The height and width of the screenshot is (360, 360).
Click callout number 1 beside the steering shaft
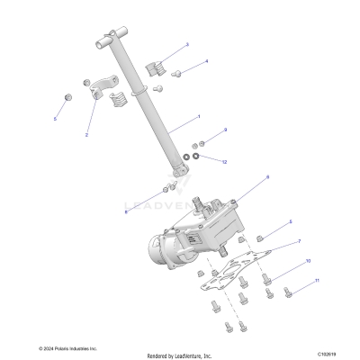(x=199, y=117)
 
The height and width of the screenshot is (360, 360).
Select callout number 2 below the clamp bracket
(x=86, y=134)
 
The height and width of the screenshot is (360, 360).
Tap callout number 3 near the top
(x=186, y=43)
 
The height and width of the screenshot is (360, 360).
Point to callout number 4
(x=206, y=61)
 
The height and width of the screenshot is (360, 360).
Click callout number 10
(x=307, y=261)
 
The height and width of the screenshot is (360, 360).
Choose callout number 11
(x=316, y=282)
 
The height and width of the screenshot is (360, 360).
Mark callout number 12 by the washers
(x=224, y=161)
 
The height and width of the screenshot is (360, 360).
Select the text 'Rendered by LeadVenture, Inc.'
(x=179, y=355)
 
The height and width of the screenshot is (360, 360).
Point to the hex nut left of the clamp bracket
(x=67, y=95)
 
